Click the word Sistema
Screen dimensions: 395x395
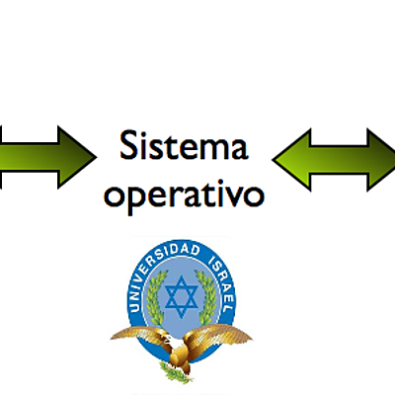183,149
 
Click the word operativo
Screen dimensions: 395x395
185,195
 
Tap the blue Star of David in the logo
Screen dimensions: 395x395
180,294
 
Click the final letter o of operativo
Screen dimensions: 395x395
254,195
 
